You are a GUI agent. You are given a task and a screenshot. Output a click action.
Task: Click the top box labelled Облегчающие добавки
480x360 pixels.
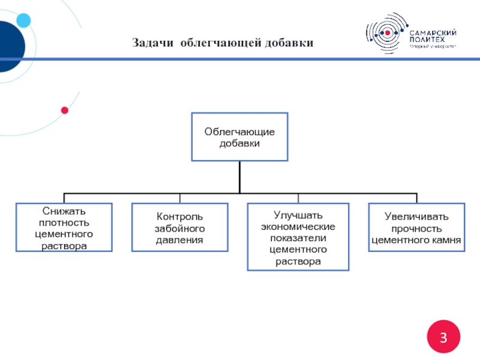(239, 137)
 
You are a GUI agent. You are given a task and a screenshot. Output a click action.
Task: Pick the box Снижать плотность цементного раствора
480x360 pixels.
(64, 228)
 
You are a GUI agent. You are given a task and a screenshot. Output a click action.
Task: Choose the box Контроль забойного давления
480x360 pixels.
(180, 228)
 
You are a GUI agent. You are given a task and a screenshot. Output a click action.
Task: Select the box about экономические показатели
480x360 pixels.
(298, 237)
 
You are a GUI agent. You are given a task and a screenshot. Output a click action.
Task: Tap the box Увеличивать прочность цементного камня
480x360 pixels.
(416, 228)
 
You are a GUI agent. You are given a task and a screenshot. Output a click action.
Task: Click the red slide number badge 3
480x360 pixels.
(443, 336)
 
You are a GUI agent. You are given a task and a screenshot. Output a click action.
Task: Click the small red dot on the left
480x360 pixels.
(65, 110)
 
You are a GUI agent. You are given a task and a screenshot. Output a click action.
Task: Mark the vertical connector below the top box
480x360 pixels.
(239, 177)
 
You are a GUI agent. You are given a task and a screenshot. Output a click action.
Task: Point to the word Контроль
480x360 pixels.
(180, 217)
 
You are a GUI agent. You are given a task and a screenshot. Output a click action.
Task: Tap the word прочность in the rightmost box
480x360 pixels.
(416, 229)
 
